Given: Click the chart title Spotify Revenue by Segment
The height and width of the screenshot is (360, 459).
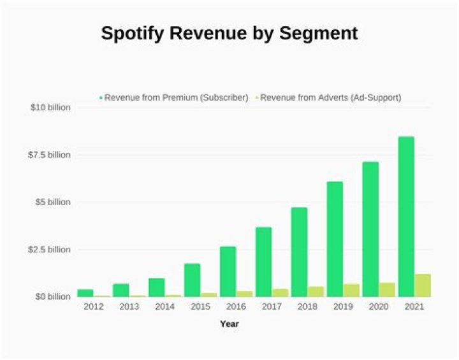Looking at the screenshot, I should tap(229, 34).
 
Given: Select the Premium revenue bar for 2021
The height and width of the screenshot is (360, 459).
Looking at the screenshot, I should tap(406, 217).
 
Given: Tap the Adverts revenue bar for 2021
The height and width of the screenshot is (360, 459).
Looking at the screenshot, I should tap(423, 285).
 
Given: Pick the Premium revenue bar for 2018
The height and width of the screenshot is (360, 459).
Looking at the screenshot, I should tap(299, 252).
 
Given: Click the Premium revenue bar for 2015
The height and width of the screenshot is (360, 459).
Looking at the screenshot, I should tap(192, 280).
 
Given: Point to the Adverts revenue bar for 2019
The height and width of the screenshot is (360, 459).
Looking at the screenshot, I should tap(351, 291).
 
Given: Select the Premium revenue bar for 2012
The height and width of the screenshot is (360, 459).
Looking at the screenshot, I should tap(85, 293).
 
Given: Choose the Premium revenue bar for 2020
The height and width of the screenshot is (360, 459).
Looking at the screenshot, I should tap(370, 229).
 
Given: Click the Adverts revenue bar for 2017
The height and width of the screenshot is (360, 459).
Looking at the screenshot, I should tap(280, 293).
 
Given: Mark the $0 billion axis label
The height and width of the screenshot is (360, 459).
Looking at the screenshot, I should tap(51, 297).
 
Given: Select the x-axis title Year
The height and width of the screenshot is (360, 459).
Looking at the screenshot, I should tap(229, 324).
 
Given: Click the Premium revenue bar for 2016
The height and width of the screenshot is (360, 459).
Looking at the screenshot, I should tap(228, 271).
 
